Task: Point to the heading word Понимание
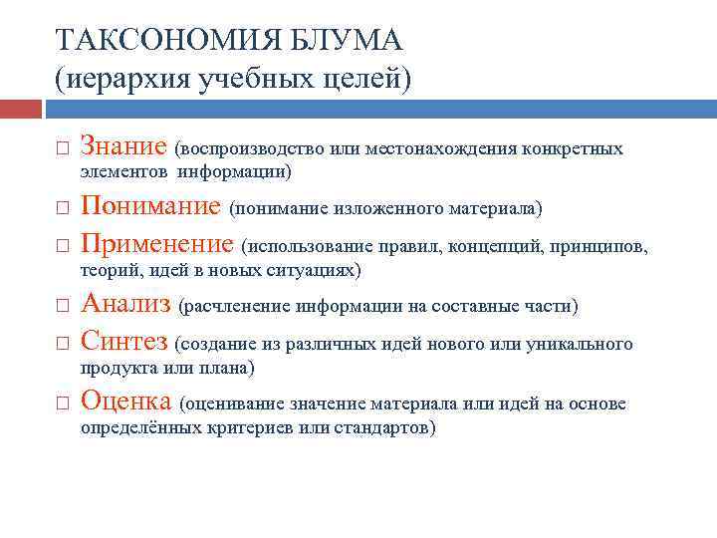(x=150, y=206)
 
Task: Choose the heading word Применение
(x=156, y=243)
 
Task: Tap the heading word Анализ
(x=124, y=303)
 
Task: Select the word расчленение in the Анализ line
(x=236, y=305)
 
